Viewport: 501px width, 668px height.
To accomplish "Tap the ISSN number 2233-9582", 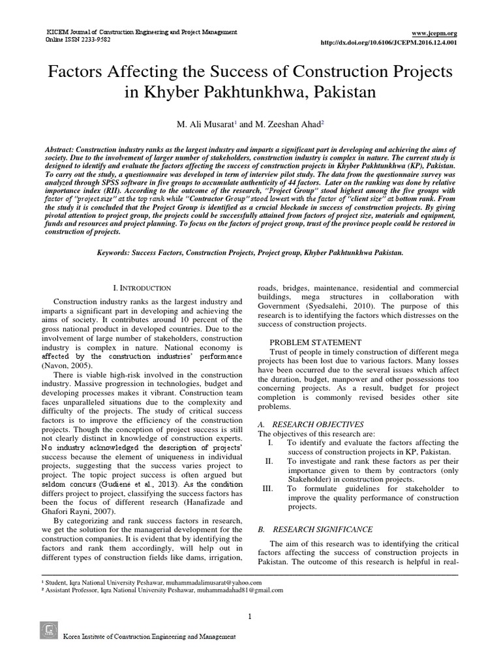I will pyautogui.click(x=94, y=39).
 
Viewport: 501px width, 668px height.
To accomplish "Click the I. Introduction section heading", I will pyautogui.click(x=142, y=288).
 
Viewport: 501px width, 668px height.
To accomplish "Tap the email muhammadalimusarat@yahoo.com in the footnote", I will pyautogui.click(x=209, y=582).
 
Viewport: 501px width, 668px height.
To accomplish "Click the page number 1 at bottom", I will pyautogui.click(x=250, y=617).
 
